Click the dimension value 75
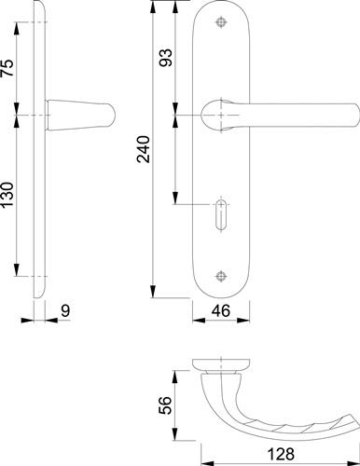click(x=7, y=68)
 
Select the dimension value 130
click(x=7, y=195)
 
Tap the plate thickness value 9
click(x=65, y=311)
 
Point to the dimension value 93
click(x=165, y=58)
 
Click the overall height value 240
click(x=145, y=149)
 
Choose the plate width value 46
click(x=221, y=310)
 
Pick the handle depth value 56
click(x=165, y=405)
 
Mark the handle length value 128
click(x=281, y=455)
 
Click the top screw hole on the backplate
click(x=221, y=22)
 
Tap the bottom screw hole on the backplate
click(x=221, y=276)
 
